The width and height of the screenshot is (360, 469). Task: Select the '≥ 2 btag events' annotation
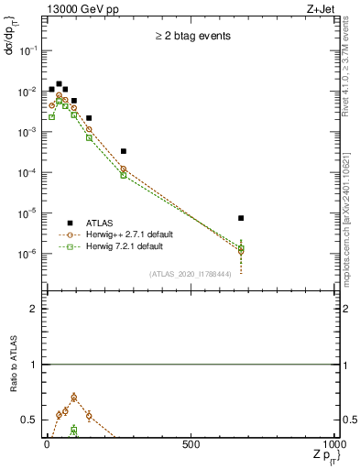point(191,37)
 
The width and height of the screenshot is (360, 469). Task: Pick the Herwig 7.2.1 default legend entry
point(124,246)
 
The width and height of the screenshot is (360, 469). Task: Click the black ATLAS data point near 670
point(240,218)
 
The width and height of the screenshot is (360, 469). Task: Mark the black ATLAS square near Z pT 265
point(124,151)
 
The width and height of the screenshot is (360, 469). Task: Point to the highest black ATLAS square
point(59,84)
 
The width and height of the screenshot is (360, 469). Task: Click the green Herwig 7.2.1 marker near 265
point(124,174)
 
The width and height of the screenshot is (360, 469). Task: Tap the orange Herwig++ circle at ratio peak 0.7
point(73,398)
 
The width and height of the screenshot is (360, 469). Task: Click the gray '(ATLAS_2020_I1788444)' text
point(191,274)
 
